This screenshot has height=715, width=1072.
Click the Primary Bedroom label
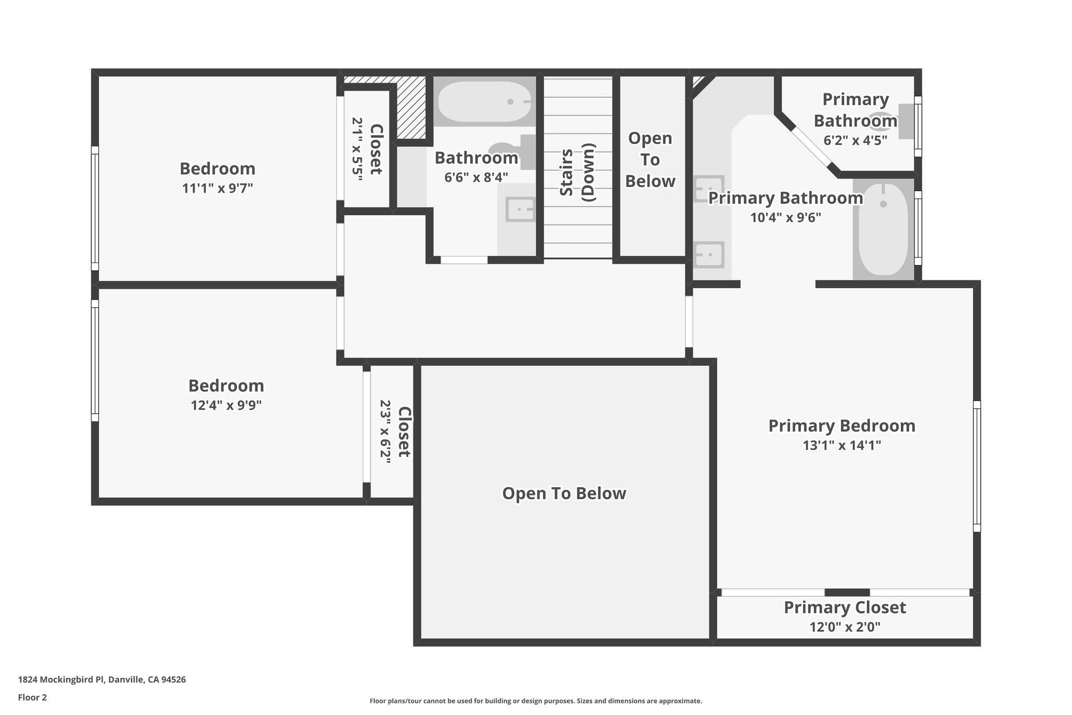(x=842, y=426)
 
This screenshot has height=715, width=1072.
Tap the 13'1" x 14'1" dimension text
(x=842, y=445)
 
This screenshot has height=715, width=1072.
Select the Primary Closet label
(x=844, y=608)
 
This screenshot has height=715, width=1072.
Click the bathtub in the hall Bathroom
(x=484, y=102)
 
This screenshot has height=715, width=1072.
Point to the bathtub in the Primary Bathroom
(x=883, y=229)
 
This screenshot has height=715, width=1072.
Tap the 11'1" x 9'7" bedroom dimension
(x=217, y=188)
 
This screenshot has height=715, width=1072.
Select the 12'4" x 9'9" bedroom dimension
(x=226, y=405)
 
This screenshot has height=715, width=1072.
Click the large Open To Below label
(x=564, y=493)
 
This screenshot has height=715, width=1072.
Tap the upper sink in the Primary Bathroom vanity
(x=709, y=189)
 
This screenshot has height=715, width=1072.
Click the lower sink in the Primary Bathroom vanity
(x=709, y=255)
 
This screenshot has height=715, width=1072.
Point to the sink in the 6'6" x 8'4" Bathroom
(x=520, y=210)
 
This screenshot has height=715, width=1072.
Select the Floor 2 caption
(x=32, y=697)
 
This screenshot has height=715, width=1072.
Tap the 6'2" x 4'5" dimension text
(x=855, y=140)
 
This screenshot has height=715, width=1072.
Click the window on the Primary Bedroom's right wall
(x=977, y=466)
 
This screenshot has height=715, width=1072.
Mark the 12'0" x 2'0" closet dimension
(x=844, y=627)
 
